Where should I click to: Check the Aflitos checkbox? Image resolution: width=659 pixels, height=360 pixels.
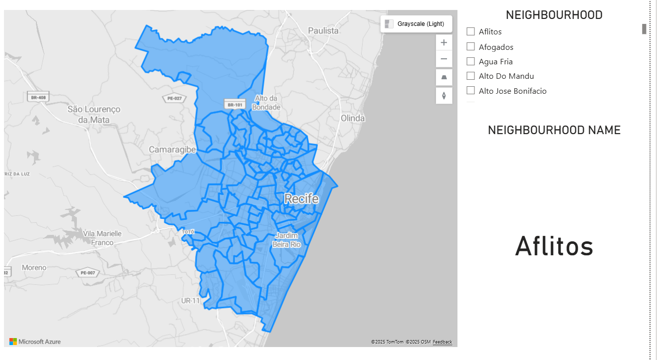(x=470, y=31)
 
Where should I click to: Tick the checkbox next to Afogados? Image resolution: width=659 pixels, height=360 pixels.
(x=470, y=46)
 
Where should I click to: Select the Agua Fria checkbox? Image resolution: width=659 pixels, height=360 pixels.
(x=470, y=61)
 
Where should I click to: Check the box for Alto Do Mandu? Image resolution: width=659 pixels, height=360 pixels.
(x=470, y=76)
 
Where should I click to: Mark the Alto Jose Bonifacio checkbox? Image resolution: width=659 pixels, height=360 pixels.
(x=470, y=90)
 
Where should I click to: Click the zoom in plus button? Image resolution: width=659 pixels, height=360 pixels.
(x=443, y=42)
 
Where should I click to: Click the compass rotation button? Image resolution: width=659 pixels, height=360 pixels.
(x=443, y=95)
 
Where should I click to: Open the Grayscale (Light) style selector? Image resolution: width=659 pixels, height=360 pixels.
(x=416, y=24)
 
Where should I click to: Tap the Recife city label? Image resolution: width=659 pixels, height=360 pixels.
(x=301, y=199)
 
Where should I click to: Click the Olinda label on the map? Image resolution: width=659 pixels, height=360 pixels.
(x=353, y=118)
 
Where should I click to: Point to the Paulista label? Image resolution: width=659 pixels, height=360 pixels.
(x=323, y=30)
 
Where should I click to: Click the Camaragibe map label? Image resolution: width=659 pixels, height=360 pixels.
(x=172, y=149)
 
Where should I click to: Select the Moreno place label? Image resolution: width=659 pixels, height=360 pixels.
(x=34, y=268)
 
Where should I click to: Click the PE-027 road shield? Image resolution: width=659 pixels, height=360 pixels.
(x=174, y=98)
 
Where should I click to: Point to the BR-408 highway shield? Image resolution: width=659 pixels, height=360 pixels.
(x=38, y=98)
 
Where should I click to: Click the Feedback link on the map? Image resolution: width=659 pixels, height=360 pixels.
(x=442, y=342)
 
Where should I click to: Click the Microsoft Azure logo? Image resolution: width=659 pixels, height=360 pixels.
(x=35, y=342)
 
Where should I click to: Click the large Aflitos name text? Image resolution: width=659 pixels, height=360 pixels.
(x=554, y=246)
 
